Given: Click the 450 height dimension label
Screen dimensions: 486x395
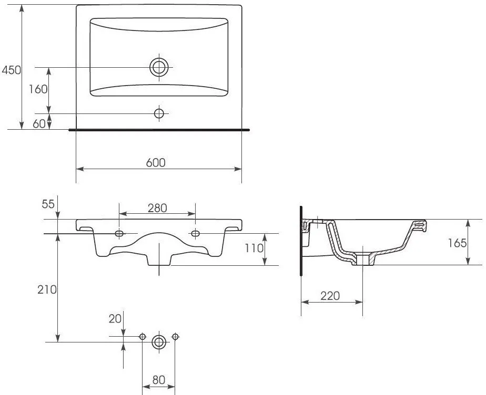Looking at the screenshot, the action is point(12,70).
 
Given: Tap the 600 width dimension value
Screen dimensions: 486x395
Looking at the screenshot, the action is point(156,162).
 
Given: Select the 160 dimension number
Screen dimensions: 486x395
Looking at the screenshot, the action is point(38,89).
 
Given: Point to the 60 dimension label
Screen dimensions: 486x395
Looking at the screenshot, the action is point(39,124).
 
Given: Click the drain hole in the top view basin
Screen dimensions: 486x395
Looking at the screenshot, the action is point(159,67).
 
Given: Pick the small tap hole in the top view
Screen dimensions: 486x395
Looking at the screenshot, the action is point(159,113).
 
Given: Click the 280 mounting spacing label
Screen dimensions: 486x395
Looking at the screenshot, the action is point(157,208).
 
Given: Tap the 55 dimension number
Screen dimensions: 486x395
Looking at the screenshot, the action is point(48,204).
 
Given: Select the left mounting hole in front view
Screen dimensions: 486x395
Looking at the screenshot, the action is point(119,233).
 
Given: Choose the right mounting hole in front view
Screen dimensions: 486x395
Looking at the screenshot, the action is point(195,233).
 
